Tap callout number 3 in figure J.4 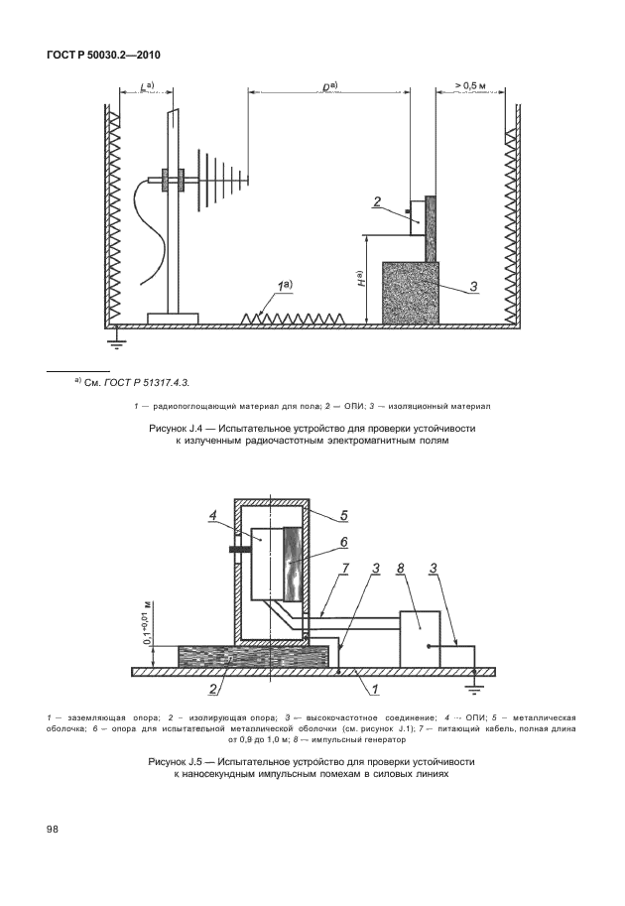pos(474,287)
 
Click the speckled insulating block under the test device pos(410,291)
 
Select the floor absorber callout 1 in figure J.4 pos(283,287)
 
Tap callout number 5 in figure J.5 pos(343,514)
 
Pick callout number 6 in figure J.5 pos(343,542)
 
